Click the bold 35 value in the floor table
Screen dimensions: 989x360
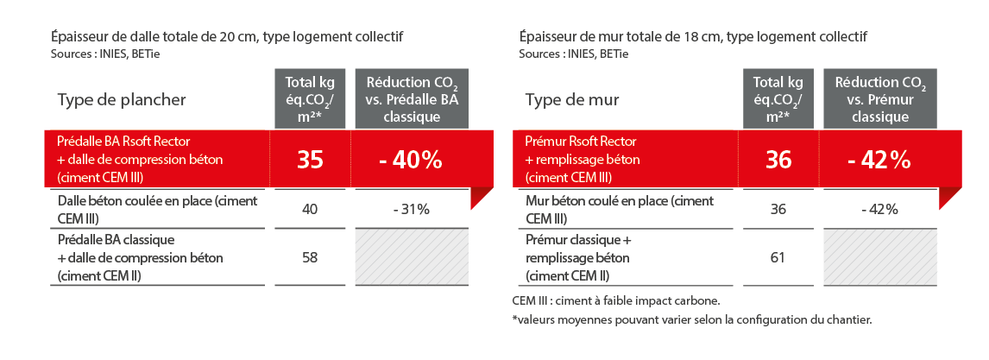coord(310,160)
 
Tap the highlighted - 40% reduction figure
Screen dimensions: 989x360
coord(411,160)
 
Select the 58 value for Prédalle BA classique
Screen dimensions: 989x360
coord(310,257)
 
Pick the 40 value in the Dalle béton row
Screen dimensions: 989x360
coord(310,209)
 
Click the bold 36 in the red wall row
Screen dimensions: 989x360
coord(778,160)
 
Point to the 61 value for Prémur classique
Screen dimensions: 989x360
coord(778,257)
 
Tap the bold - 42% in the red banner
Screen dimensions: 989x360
coord(879,160)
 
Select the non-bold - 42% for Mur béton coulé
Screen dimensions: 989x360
coord(879,209)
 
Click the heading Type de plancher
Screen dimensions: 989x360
coord(122,99)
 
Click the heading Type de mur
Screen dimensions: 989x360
coord(572,99)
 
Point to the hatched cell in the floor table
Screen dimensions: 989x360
coord(412,257)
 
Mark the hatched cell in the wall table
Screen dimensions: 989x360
coord(880,257)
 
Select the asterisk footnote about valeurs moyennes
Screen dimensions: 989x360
coord(692,319)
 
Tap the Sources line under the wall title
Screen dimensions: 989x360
coord(573,54)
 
